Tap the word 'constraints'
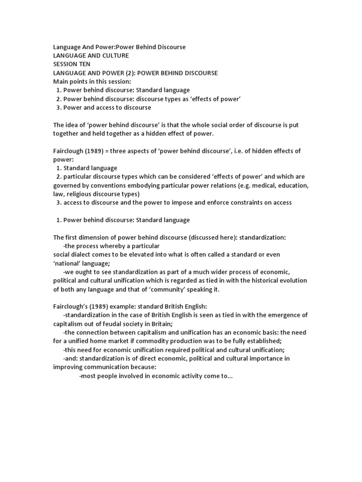(240, 202)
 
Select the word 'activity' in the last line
(184, 376)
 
